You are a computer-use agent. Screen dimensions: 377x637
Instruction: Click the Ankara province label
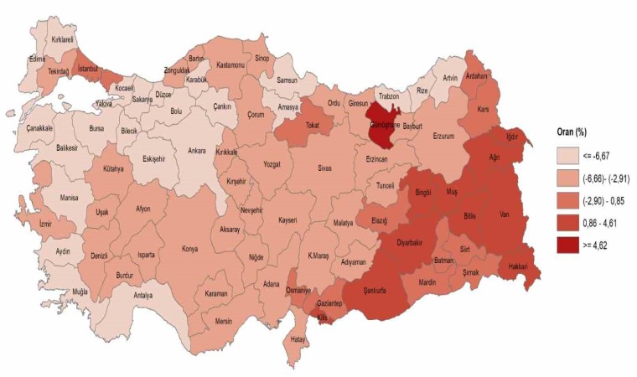pyautogui.click(x=197, y=152)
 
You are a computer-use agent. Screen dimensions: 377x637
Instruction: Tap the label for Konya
pyautogui.click(x=191, y=249)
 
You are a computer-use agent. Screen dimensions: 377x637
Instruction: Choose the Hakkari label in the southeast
pyautogui.click(x=515, y=267)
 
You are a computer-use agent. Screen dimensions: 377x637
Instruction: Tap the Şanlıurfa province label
pyautogui.click(x=369, y=292)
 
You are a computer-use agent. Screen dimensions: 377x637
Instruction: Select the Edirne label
pyautogui.click(x=36, y=59)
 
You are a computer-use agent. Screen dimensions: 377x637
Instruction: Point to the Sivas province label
pyautogui.click(x=324, y=168)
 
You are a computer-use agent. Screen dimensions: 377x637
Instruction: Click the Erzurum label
pyautogui.click(x=443, y=136)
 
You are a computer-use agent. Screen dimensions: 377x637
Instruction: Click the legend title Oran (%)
pyautogui.click(x=575, y=132)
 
